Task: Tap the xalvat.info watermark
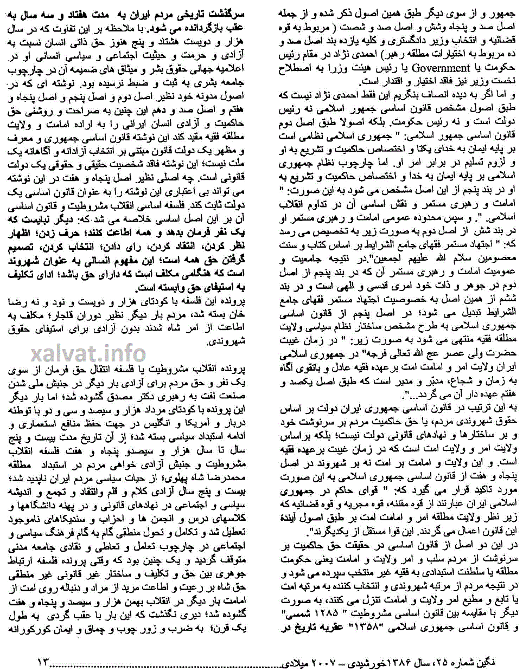(88, 354)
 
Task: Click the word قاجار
(70, 314)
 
